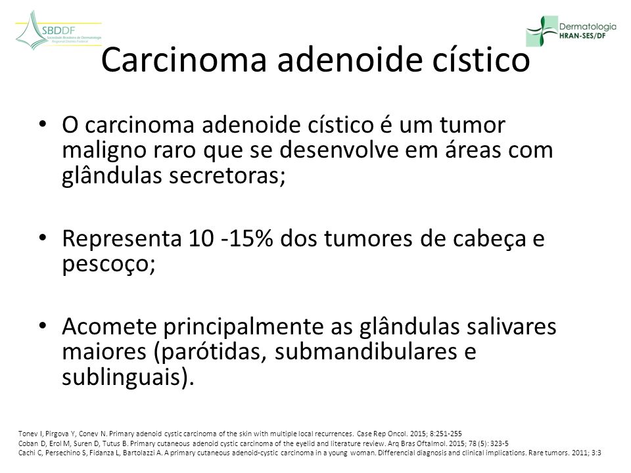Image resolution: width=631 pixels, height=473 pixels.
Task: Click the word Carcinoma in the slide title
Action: point(184,60)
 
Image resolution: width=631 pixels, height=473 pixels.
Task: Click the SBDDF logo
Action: point(58,31)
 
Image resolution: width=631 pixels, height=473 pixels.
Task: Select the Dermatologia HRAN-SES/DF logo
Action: point(571,31)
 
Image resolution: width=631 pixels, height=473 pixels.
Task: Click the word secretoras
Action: point(227,175)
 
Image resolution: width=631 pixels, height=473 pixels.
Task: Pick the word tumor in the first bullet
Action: point(472,125)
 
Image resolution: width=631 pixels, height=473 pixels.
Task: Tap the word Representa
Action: point(122,239)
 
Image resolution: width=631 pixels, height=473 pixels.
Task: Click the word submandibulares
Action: point(366,351)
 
